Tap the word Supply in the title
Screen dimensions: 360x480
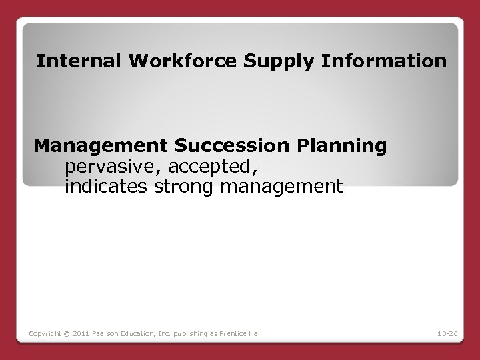[275, 63]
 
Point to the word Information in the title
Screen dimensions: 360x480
[385, 61]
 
